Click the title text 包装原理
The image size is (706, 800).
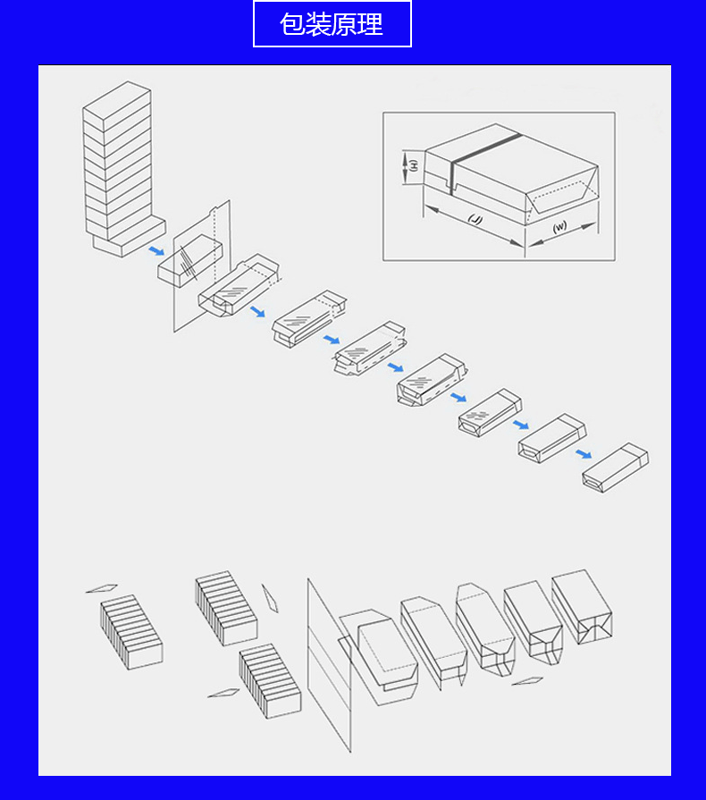point(332,24)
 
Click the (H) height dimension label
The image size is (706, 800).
point(414,165)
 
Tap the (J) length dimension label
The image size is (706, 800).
point(475,219)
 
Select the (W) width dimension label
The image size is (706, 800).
point(559,226)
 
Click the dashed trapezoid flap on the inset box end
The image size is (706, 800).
point(562,198)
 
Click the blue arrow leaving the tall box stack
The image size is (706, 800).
point(156,251)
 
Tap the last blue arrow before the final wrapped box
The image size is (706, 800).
point(584,453)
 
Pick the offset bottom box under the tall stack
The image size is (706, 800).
point(129,238)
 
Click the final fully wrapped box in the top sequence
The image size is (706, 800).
point(616,467)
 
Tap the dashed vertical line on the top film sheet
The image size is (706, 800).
point(215,244)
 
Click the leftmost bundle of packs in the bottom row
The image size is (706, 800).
point(131,632)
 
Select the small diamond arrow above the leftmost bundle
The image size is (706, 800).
point(102,588)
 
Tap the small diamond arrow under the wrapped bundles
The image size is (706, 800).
point(527,680)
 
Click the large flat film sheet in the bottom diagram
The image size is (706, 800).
point(329,665)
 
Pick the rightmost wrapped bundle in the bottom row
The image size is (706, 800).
point(582,607)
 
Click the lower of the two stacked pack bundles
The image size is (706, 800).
point(270,681)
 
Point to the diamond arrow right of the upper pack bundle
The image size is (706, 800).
point(270,598)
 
